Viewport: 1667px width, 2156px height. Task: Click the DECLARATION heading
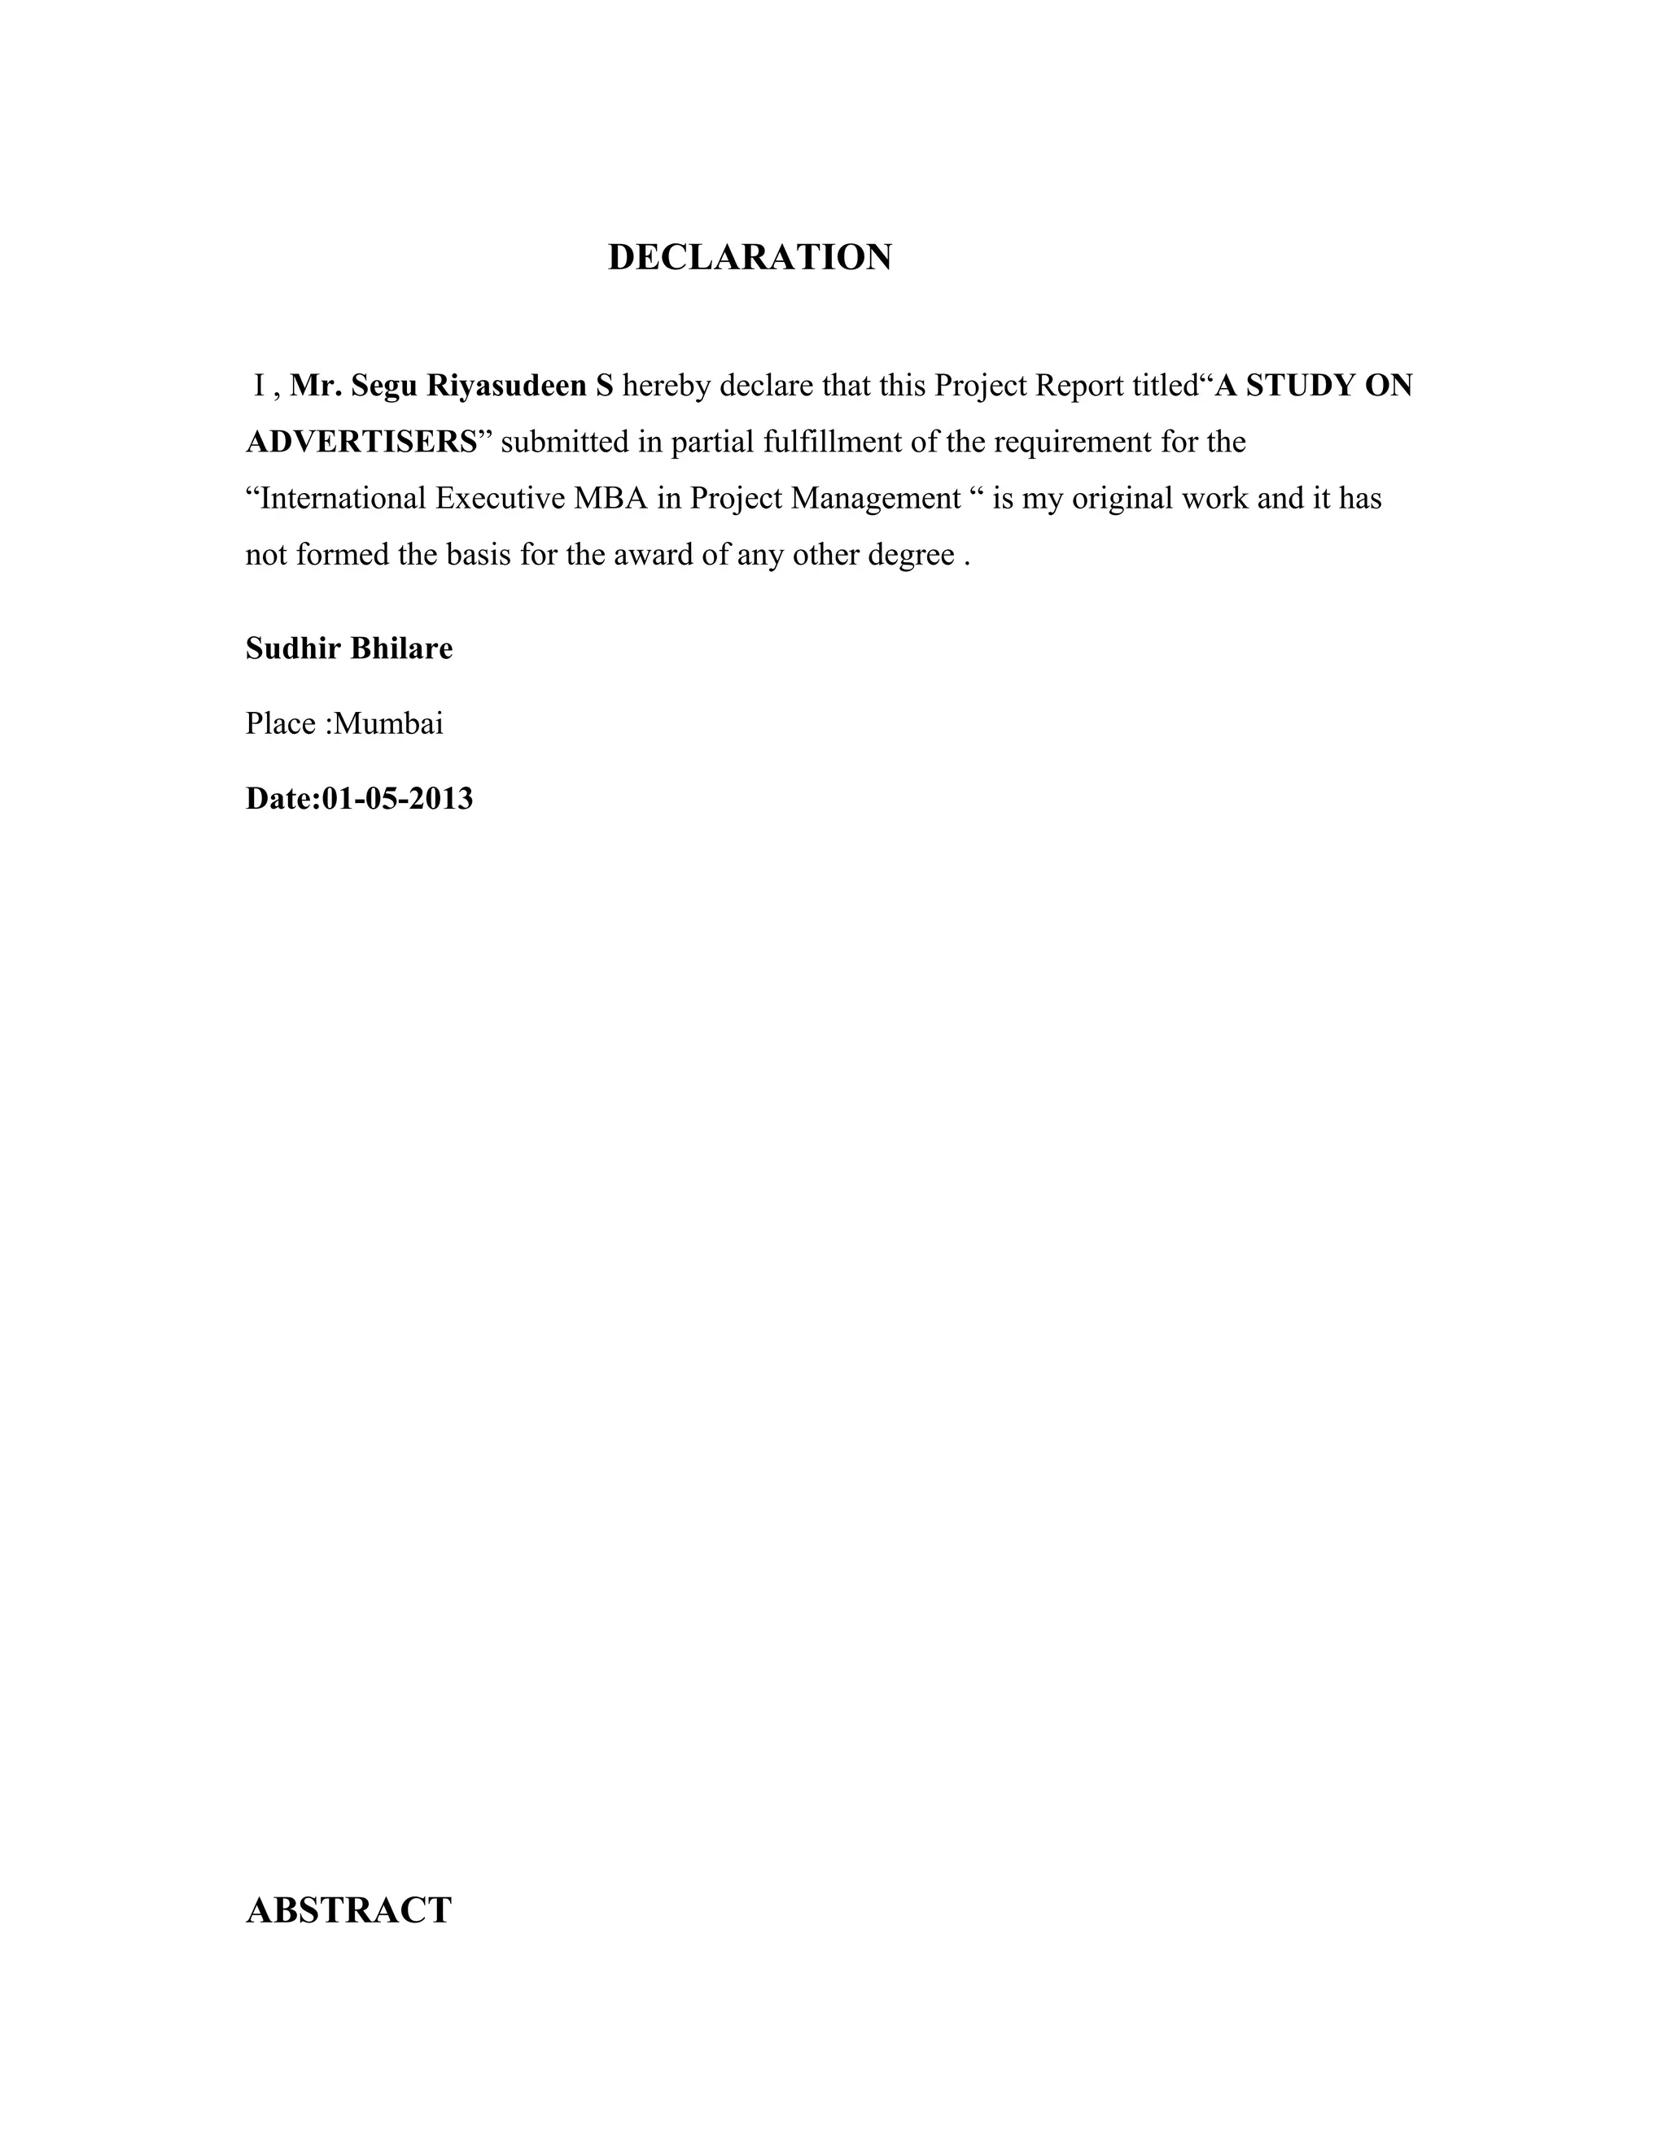[750, 258]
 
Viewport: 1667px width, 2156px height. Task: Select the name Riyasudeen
[506, 386]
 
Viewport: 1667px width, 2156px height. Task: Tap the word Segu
[383, 386]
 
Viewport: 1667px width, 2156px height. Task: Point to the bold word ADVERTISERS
[361, 443]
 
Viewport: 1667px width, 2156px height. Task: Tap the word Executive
[500, 499]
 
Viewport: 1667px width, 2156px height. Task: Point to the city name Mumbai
[388, 723]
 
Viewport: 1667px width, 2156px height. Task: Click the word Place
[281, 723]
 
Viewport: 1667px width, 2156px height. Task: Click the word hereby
[667, 386]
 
